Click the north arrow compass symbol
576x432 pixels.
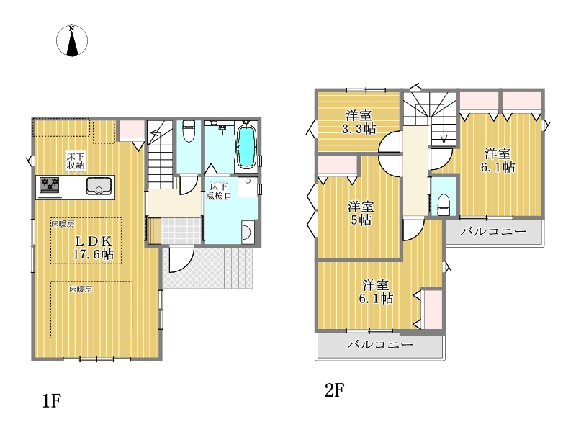coord(72,40)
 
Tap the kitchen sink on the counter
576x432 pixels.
coord(99,186)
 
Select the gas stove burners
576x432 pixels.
coord(50,185)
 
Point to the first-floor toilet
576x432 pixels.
coord(189,131)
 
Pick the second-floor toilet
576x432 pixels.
coord(444,204)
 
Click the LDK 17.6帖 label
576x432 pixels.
coord(94,248)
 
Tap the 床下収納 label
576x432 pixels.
coord(76,161)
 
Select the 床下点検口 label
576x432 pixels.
coord(219,191)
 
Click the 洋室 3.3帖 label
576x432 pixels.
coord(359,122)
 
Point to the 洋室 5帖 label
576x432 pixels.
coord(361,213)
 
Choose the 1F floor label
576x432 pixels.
coord(51,400)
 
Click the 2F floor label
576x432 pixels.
coord(334,390)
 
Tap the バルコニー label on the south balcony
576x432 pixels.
coord(380,345)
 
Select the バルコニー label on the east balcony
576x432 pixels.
coord(493,231)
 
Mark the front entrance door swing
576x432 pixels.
coord(181,260)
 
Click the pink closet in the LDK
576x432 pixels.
coord(132,130)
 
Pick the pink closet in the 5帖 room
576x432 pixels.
coord(338,165)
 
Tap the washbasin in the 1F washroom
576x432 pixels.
coord(247,232)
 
